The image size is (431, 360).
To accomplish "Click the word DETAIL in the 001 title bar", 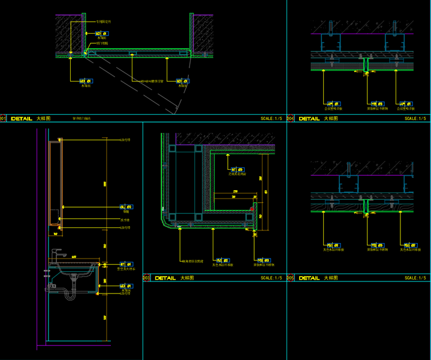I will [x=22, y=119].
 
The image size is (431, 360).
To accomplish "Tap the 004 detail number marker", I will [x=290, y=119].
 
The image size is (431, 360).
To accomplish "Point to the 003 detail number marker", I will [x=146, y=278].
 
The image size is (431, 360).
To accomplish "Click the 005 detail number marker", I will [x=290, y=278].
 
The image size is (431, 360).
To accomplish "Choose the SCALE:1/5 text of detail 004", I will [x=415, y=119].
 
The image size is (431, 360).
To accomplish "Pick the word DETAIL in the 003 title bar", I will [x=165, y=278].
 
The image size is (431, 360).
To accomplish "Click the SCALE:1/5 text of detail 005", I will [x=415, y=278].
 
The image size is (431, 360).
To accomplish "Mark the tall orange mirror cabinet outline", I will [x=56, y=183].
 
